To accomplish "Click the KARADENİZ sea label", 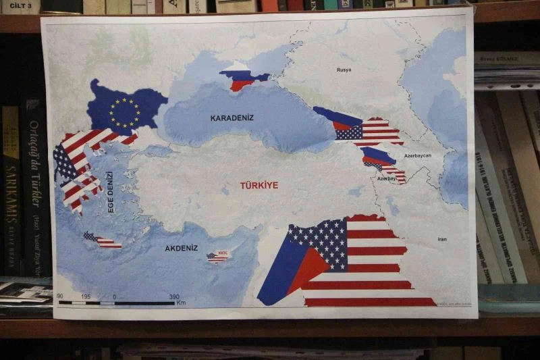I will click(232, 118).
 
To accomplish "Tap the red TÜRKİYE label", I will click(259, 185).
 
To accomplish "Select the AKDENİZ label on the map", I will click(181, 248).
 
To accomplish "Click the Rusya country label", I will click(344, 70).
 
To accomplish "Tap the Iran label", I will click(442, 239).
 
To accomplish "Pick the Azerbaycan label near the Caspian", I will click(417, 155).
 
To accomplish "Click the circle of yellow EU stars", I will click(124, 113).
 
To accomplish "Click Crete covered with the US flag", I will click(103, 240).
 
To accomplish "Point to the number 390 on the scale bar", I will click(173, 297).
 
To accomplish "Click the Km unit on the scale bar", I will click(180, 303).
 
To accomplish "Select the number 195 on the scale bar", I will click(86, 297).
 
